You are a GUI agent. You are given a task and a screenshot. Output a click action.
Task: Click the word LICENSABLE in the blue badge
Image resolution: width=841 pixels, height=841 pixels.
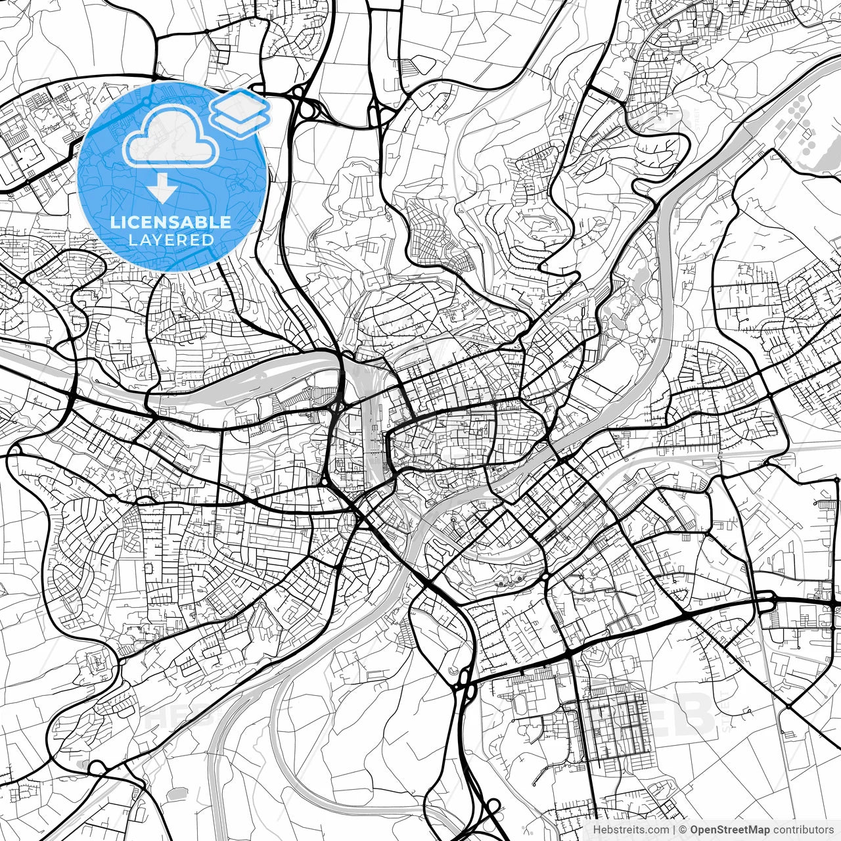[x=171, y=222]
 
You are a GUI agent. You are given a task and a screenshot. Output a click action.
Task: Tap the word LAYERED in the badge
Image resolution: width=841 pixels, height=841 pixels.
[x=171, y=240]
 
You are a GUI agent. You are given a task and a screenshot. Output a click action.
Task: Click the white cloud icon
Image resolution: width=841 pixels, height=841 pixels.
[x=171, y=136]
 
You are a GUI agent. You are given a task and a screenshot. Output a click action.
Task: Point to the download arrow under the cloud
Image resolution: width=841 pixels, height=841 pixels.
[x=162, y=189]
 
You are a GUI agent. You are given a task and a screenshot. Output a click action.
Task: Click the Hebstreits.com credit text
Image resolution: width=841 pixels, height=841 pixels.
[x=630, y=830]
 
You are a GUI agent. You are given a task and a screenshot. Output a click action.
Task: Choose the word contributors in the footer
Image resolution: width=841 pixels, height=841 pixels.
[x=803, y=830]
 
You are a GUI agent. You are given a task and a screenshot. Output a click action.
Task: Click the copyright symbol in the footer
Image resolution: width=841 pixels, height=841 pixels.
[x=683, y=830]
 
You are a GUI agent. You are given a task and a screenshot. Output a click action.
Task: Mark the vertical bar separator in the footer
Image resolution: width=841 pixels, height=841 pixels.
[x=674, y=830]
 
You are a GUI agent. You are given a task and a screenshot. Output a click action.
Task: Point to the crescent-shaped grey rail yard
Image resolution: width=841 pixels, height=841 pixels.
[x=263, y=381]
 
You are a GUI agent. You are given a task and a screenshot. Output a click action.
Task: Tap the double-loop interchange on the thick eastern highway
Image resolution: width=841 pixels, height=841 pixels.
[x=765, y=601]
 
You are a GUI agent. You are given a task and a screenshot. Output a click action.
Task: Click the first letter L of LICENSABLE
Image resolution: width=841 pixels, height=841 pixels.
[x=114, y=222]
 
